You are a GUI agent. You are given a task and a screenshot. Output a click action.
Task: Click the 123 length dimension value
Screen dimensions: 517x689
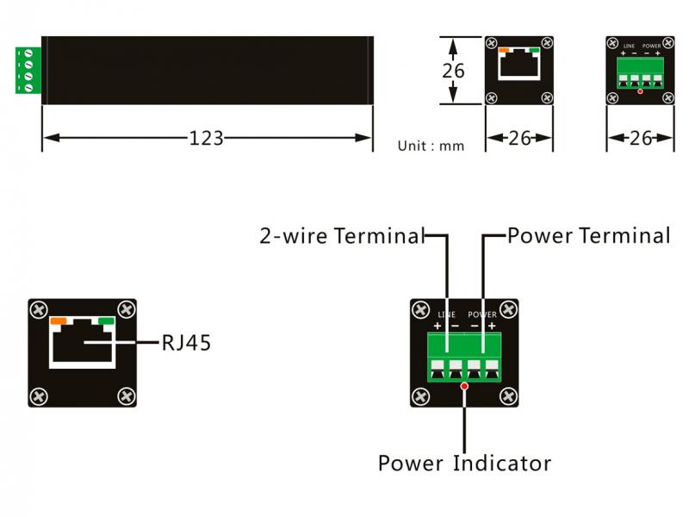[x=207, y=138]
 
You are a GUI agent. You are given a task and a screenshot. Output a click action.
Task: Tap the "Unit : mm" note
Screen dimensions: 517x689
[x=431, y=146]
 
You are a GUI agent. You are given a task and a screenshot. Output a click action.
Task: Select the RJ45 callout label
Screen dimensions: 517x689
[x=186, y=343]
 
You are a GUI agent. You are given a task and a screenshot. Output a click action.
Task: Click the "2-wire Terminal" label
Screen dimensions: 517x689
[x=342, y=236]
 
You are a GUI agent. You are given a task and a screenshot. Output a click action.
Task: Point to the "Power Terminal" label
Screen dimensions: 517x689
[x=588, y=235]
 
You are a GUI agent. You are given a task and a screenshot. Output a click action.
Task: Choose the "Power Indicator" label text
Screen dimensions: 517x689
[x=464, y=463]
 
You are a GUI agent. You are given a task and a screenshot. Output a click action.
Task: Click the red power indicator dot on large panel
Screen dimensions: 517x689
[x=465, y=387]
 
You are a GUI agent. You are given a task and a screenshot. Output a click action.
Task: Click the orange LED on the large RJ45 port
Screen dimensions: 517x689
[x=59, y=321]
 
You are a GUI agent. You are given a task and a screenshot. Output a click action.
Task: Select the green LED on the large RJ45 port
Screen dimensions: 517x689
[x=107, y=321]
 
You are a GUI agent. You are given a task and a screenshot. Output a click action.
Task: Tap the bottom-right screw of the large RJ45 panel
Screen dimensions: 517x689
[x=127, y=396]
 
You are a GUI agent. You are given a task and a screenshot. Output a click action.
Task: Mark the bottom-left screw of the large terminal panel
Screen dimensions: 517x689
[x=421, y=396]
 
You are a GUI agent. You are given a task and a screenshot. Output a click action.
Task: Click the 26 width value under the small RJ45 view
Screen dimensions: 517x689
[x=519, y=138]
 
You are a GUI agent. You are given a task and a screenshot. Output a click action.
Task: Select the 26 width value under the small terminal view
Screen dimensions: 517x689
[x=640, y=138]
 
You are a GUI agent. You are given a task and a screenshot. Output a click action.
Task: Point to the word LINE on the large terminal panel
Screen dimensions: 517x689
[x=446, y=315]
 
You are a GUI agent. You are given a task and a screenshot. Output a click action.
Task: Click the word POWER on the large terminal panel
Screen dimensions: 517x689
[x=482, y=315]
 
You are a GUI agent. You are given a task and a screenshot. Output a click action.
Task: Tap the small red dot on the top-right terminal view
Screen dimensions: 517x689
[x=640, y=90]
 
